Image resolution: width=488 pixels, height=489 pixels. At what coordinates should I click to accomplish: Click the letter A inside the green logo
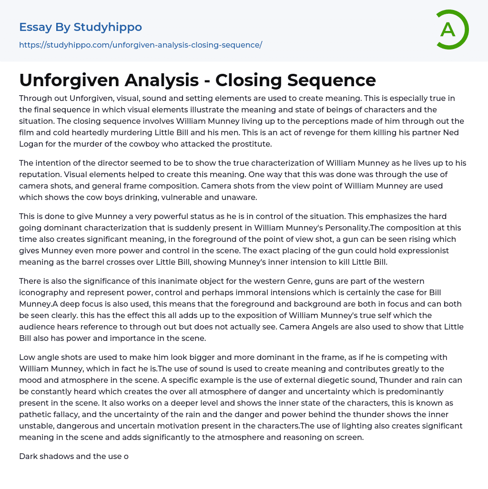[x=447, y=30]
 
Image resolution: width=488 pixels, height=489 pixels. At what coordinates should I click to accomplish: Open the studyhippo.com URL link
[x=141, y=45]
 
